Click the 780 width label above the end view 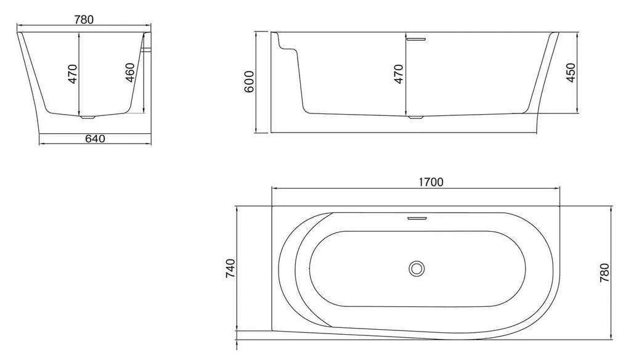pyautogui.click(x=84, y=19)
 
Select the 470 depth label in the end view pyautogui.click(x=73, y=74)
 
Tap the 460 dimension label pyautogui.click(x=130, y=73)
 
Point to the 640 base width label pyautogui.click(x=96, y=139)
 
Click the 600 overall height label pyautogui.click(x=250, y=82)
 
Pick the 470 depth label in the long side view pyautogui.click(x=399, y=74)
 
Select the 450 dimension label pyautogui.click(x=571, y=73)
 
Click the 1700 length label pyautogui.click(x=431, y=182)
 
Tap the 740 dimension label pyautogui.click(x=230, y=269)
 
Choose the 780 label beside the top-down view pyautogui.click(x=605, y=272)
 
